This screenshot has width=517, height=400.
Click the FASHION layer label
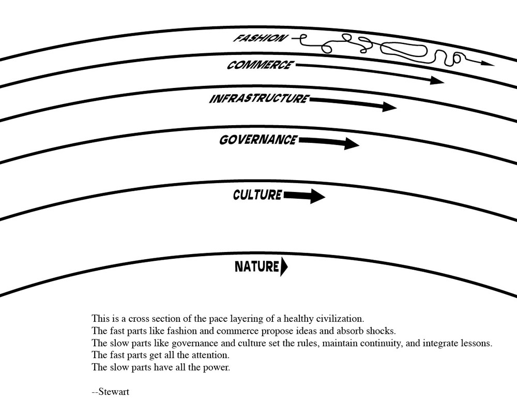pyautogui.click(x=258, y=38)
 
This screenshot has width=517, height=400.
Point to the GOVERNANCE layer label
pyautogui.click(x=258, y=140)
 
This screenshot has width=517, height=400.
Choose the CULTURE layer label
pyautogui.click(x=257, y=195)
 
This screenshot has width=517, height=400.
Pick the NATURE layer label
pyautogui.click(x=257, y=267)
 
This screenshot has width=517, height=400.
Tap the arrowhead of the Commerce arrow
pyautogui.click(x=438, y=80)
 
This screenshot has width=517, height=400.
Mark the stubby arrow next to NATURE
pyautogui.click(x=284, y=267)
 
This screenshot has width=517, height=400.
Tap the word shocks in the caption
pyautogui.click(x=382, y=330)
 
